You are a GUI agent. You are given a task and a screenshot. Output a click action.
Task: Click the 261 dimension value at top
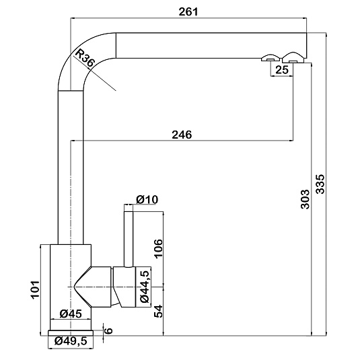coord(188,11)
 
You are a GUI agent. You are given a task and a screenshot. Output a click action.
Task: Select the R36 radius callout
coord(85,59)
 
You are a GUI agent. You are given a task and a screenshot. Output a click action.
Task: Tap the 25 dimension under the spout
coord(282,70)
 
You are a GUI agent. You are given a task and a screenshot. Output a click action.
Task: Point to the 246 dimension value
coord(182,135)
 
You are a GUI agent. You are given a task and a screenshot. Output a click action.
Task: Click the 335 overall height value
coord(320,184)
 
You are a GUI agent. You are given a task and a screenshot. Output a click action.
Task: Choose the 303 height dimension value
coord(305,199)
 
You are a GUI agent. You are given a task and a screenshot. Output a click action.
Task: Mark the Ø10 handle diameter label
coord(147,199)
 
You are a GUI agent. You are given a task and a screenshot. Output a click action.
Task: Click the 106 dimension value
coord(158,249)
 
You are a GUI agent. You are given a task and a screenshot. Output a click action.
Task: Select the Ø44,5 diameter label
coord(145,286)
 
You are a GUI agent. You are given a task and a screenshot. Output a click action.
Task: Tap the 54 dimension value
coord(158,312)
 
